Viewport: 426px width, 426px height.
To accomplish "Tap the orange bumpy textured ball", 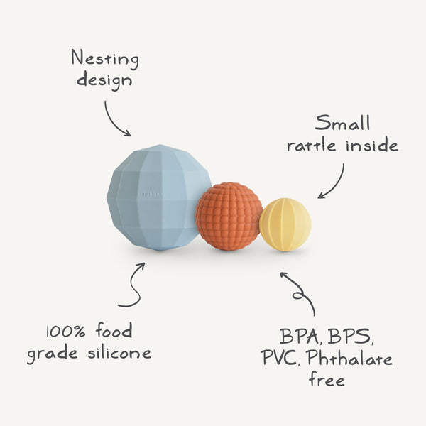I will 229,216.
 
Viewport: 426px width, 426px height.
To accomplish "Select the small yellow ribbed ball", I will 285,224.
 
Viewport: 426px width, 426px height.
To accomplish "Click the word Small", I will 343,123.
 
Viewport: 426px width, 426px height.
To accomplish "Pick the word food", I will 113,332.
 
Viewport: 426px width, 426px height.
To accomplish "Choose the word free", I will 327,380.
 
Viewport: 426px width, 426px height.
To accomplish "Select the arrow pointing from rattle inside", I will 333,182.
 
